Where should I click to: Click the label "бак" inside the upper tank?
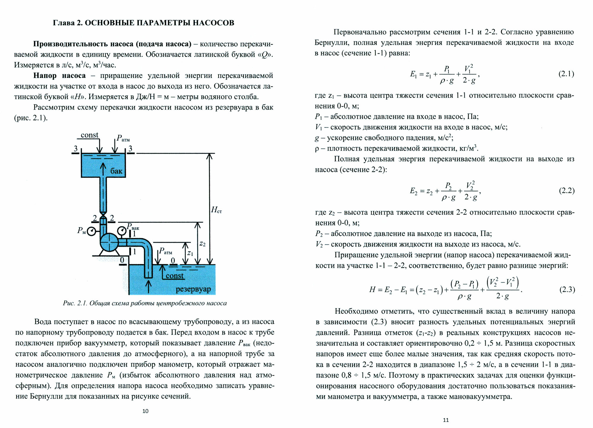coord(116,171)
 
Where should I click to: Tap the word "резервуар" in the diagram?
coord(193,289)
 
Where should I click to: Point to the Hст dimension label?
coord(216,210)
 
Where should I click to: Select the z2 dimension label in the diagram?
coord(202,244)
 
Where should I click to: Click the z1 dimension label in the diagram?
coord(190,253)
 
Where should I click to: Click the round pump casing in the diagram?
coord(109,242)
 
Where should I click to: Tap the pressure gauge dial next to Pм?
coord(91,231)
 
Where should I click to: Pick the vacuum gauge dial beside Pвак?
coord(122,231)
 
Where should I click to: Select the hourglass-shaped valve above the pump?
coord(103,213)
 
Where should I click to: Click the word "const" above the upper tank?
coord(89,135)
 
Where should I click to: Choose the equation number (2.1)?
coord(566,74)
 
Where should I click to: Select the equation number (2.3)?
coord(567,289)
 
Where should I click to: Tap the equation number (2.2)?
coord(567,191)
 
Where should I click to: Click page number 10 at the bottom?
coord(145,411)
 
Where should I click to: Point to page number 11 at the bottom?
coord(446,420)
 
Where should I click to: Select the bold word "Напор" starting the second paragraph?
coord(45,76)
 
